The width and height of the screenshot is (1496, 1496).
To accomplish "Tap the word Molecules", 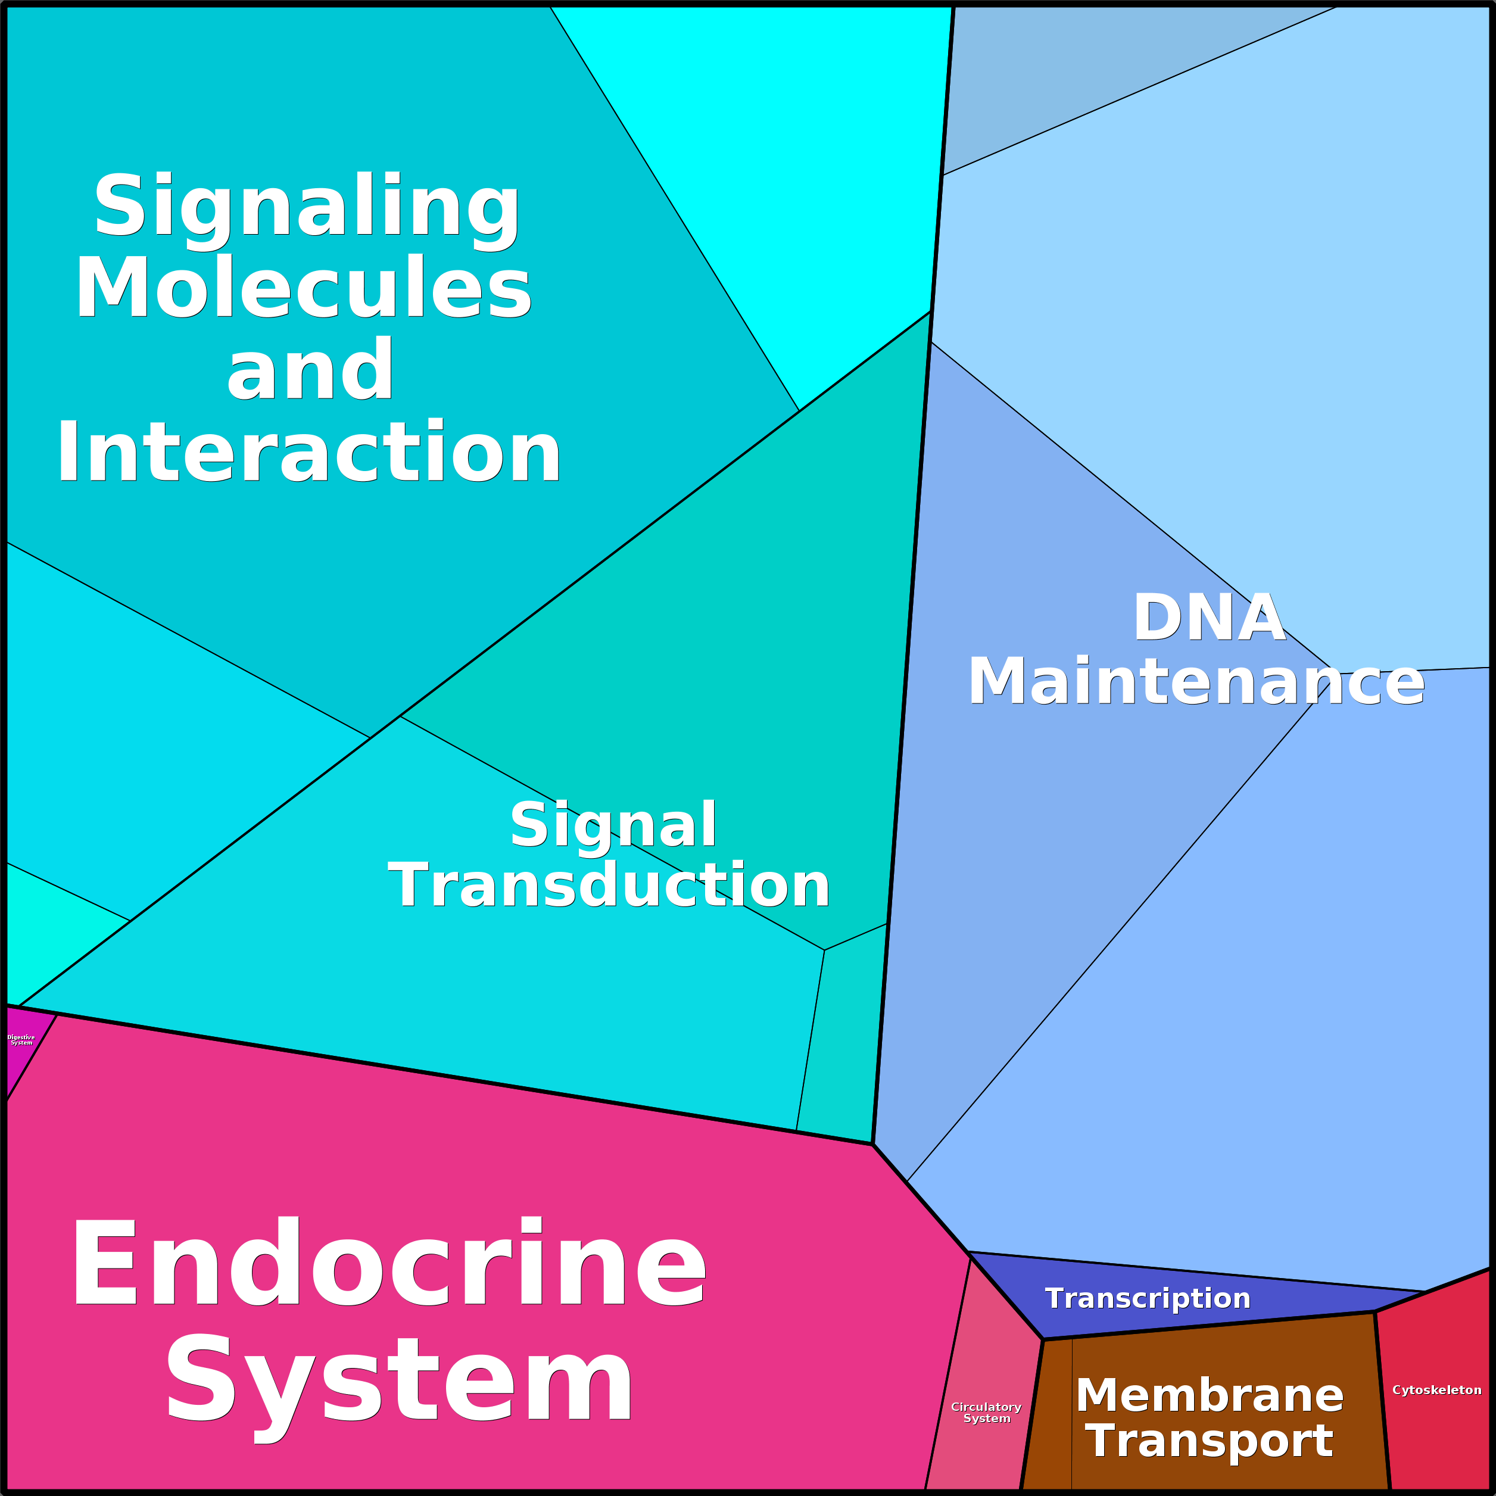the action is [x=303, y=287].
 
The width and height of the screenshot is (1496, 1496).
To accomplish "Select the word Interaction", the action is [x=308, y=451].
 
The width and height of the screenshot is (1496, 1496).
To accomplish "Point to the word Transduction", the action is [x=609, y=884].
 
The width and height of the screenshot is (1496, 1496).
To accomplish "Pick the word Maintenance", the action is [x=1196, y=681].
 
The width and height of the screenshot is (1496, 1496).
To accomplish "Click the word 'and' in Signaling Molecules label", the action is [x=310, y=369].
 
